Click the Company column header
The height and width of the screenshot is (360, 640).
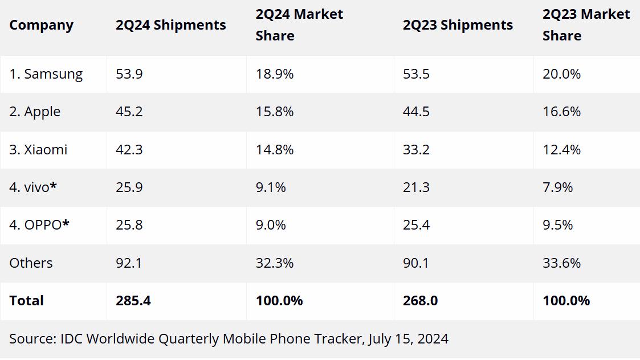41,25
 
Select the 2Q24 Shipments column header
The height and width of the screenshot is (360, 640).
170,25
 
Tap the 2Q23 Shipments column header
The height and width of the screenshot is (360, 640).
458,25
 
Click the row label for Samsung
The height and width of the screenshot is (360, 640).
46,74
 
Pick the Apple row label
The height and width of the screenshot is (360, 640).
35,112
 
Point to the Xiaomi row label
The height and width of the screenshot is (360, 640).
38,149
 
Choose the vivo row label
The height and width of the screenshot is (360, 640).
32,187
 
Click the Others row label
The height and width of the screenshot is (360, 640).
31,263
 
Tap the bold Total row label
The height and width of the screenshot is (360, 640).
26,300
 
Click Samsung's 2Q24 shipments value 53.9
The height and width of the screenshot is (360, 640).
129,74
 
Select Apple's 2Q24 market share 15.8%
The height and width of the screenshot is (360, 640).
275,112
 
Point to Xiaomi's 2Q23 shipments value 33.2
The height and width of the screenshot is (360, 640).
416,149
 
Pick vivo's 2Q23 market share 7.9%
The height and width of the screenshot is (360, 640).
558,187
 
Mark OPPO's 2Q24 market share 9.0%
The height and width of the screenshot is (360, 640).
271,225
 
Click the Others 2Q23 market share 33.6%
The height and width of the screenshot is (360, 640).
561,263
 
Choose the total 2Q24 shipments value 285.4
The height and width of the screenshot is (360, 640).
133,300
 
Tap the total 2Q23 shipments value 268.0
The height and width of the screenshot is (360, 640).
420,300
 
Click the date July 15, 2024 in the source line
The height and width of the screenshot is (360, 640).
408,339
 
